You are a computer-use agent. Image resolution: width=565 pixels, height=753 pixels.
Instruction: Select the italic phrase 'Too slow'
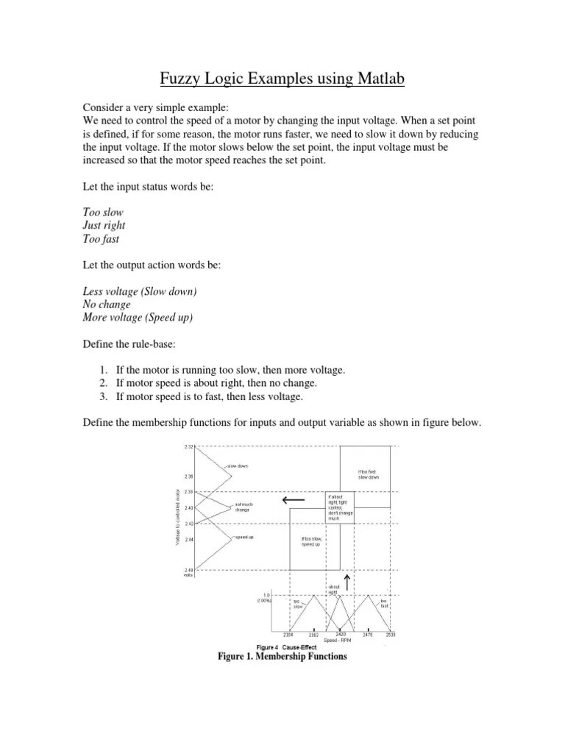pos(102,213)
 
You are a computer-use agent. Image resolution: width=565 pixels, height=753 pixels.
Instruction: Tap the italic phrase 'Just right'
pos(105,226)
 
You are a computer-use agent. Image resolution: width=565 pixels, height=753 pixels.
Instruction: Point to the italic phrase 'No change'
pos(107,304)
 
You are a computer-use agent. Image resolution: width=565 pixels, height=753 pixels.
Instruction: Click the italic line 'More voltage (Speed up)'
pos(140,318)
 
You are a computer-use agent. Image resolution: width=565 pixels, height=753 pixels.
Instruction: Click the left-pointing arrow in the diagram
pos(292,502)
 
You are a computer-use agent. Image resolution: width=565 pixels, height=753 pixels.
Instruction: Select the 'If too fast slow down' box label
pos(369,474)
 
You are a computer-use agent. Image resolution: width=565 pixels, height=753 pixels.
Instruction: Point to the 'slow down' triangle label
pos(238,466)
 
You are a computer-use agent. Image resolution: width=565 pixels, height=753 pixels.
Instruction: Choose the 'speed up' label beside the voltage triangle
pos(244,538)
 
